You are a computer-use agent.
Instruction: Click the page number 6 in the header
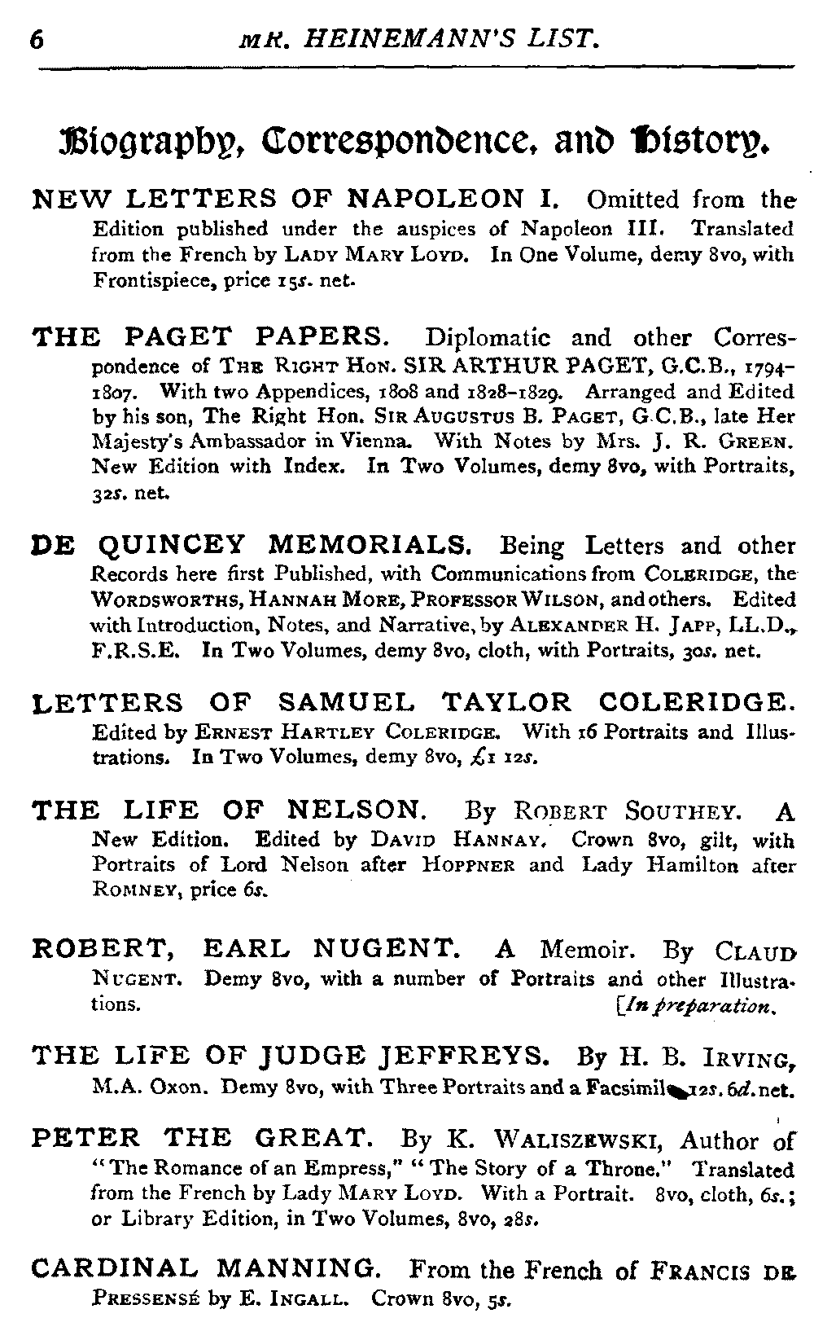[36, 39]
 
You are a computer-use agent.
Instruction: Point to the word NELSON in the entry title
[355, 810]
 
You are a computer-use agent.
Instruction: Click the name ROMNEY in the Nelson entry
[133, 890]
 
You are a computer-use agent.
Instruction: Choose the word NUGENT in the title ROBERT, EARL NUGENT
[387, 948]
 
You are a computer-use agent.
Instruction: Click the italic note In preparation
[703, 1004]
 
